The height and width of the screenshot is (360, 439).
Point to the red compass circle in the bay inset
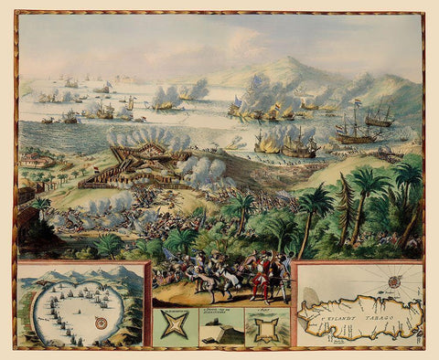click(x=100, y=323)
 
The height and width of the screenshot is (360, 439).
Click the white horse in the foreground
click(x=209, y=278)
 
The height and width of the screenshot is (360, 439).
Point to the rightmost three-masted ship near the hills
click(x=380, y=117)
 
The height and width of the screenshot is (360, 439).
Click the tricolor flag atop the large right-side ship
click(x=357, y=103)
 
